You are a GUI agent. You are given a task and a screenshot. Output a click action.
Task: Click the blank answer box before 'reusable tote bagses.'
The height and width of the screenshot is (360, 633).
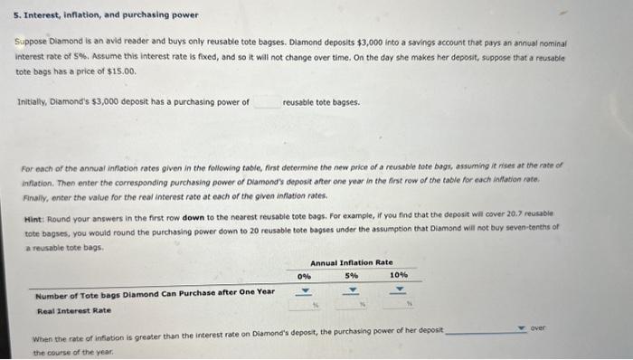pyautogui.click(x=266, y=101)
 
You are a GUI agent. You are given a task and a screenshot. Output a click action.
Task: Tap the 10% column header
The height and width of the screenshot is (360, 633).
pyautogui.click(x=398, y=274)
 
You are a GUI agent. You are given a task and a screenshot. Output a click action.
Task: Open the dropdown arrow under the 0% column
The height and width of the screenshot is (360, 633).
pyautogui.click(x=305, y=291)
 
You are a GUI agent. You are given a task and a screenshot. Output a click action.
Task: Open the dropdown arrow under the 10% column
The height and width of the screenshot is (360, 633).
pyautogui.click(x=399, y=291)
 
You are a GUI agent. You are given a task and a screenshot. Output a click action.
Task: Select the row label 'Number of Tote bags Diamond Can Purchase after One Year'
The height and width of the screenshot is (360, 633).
pyautogui.click(x=154, y=292)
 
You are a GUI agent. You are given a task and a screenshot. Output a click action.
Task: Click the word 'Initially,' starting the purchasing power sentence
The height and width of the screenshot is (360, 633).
pyautogui.click(x=33, y=101)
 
